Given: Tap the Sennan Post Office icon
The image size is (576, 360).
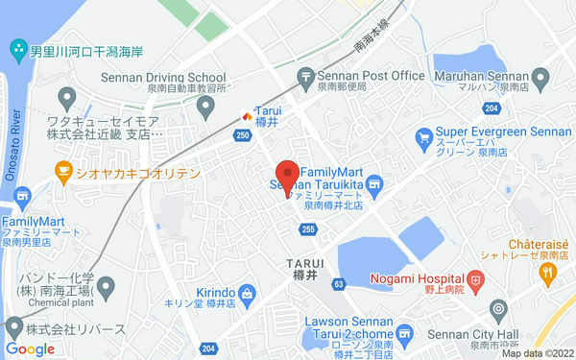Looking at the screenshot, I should click(306, 75).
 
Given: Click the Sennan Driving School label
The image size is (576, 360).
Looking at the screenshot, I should click(163, 77).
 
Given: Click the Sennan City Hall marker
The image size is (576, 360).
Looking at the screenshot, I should click(497, 311).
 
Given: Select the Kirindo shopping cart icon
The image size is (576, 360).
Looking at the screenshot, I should click(247, 292).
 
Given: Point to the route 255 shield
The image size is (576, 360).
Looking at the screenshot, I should click(308, 228).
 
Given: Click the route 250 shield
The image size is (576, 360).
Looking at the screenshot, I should click(241, 136).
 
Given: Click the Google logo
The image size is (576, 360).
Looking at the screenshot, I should click(30, 348).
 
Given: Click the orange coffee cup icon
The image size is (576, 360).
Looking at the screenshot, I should click(64, 173).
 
